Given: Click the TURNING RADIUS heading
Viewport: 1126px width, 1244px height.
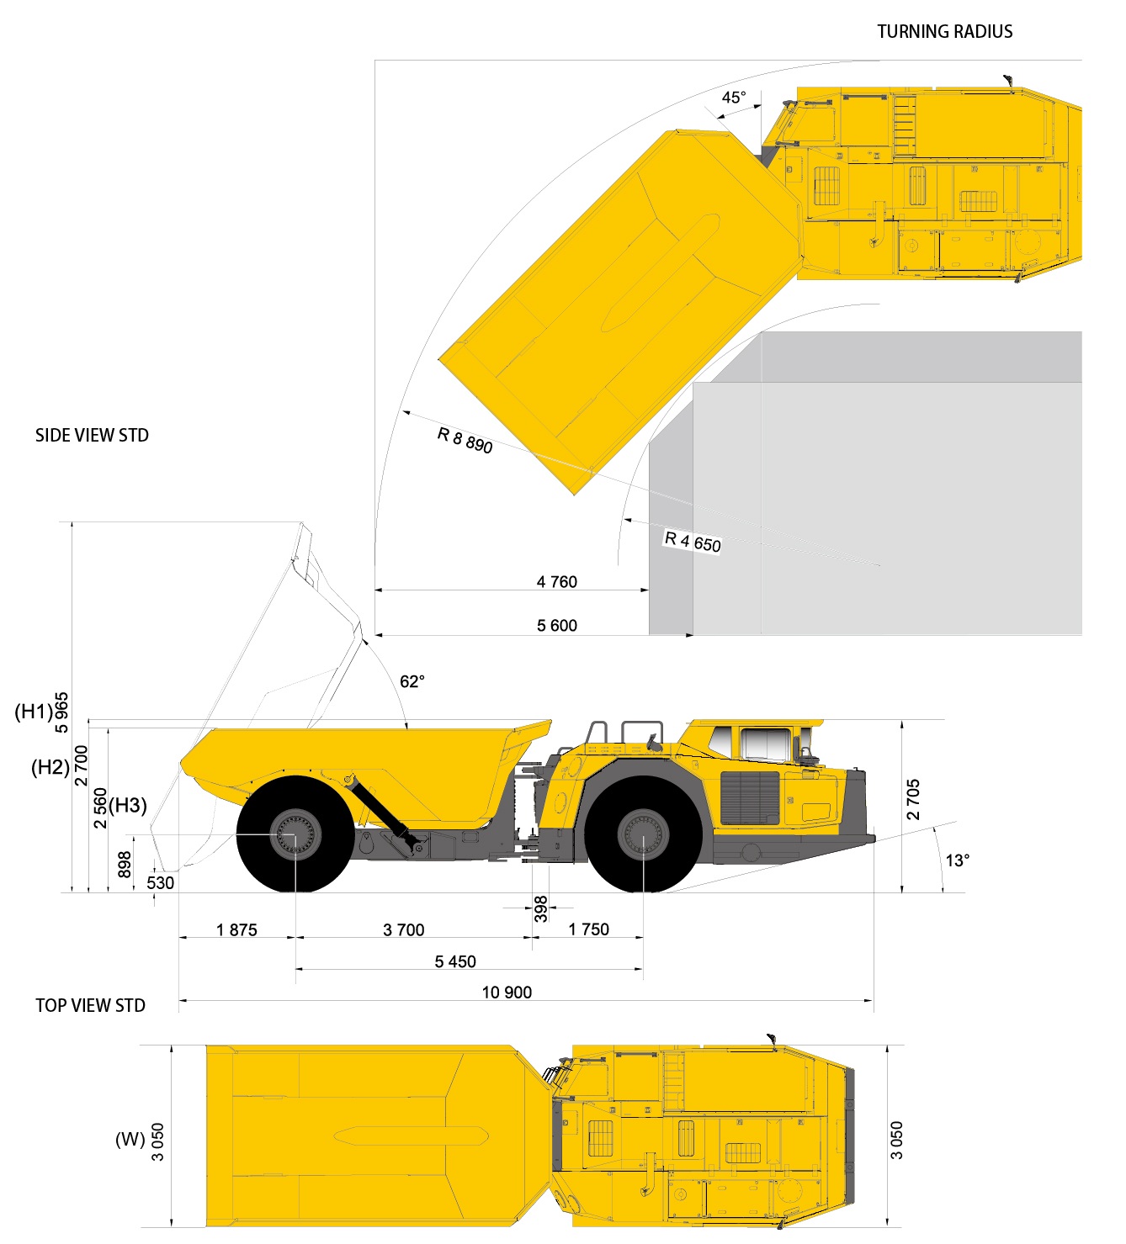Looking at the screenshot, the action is tap(944, 32).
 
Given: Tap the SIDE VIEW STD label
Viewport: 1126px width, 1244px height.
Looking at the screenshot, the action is tap(92, 436).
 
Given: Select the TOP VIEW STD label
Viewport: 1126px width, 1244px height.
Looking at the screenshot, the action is tap(90, 1005).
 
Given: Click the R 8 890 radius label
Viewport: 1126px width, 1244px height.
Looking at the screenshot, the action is tap(465, 440).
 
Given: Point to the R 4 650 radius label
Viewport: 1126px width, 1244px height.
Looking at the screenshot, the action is tap(693, 542).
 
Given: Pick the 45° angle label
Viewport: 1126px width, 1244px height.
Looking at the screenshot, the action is tap(734, 98).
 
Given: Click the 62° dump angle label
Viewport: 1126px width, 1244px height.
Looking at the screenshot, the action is tap(412, 681).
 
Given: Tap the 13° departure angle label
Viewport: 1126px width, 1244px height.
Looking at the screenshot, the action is tap(957, 860).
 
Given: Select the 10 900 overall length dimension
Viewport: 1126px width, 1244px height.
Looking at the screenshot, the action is tap(507, 993).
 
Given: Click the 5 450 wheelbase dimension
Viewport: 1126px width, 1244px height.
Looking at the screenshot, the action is tap(455, 961).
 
